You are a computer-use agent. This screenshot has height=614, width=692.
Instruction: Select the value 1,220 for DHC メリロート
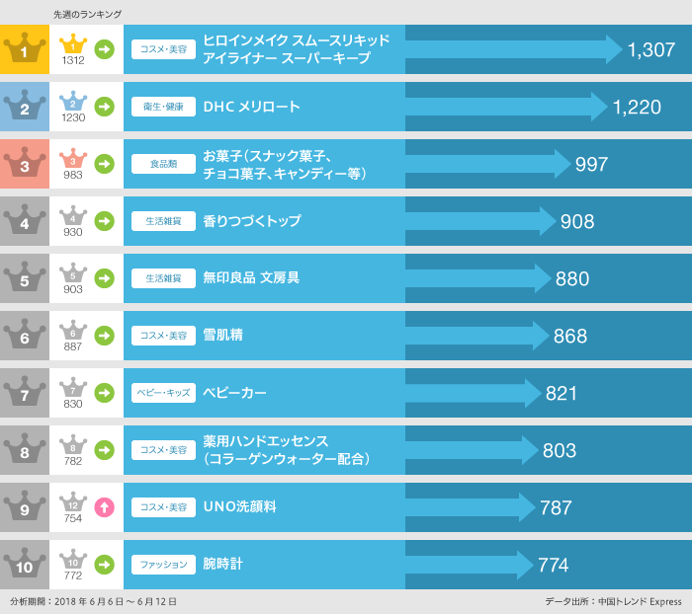[x=637, y=108]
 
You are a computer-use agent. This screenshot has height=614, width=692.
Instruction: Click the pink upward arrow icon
[x=104, y=507]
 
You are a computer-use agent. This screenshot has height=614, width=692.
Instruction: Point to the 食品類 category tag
[x=163, y=164]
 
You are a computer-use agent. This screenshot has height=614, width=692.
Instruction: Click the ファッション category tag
[x=163, y=565]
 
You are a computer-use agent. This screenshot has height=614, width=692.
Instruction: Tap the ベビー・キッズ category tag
[x=163, y=393]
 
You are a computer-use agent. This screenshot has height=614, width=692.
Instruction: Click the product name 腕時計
[x=222, y=565]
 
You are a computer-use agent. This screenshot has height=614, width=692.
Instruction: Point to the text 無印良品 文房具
[x=251, y=278]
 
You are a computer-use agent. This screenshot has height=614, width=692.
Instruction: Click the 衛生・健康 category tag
[x=163, y=107]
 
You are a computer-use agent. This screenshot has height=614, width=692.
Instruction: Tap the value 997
[x=591, y=165]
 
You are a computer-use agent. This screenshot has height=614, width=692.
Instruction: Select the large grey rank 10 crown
[x=25, y=565]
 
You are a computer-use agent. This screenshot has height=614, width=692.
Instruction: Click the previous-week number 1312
[x=73, y=60]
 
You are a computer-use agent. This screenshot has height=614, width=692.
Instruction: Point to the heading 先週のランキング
[x=87, y=14]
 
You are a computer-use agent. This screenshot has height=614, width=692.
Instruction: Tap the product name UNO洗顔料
[x=239, y=507]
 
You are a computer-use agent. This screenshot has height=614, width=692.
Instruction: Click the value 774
[x=553, y=566]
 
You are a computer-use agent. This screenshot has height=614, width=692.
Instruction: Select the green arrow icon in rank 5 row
[x=104, y=278]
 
